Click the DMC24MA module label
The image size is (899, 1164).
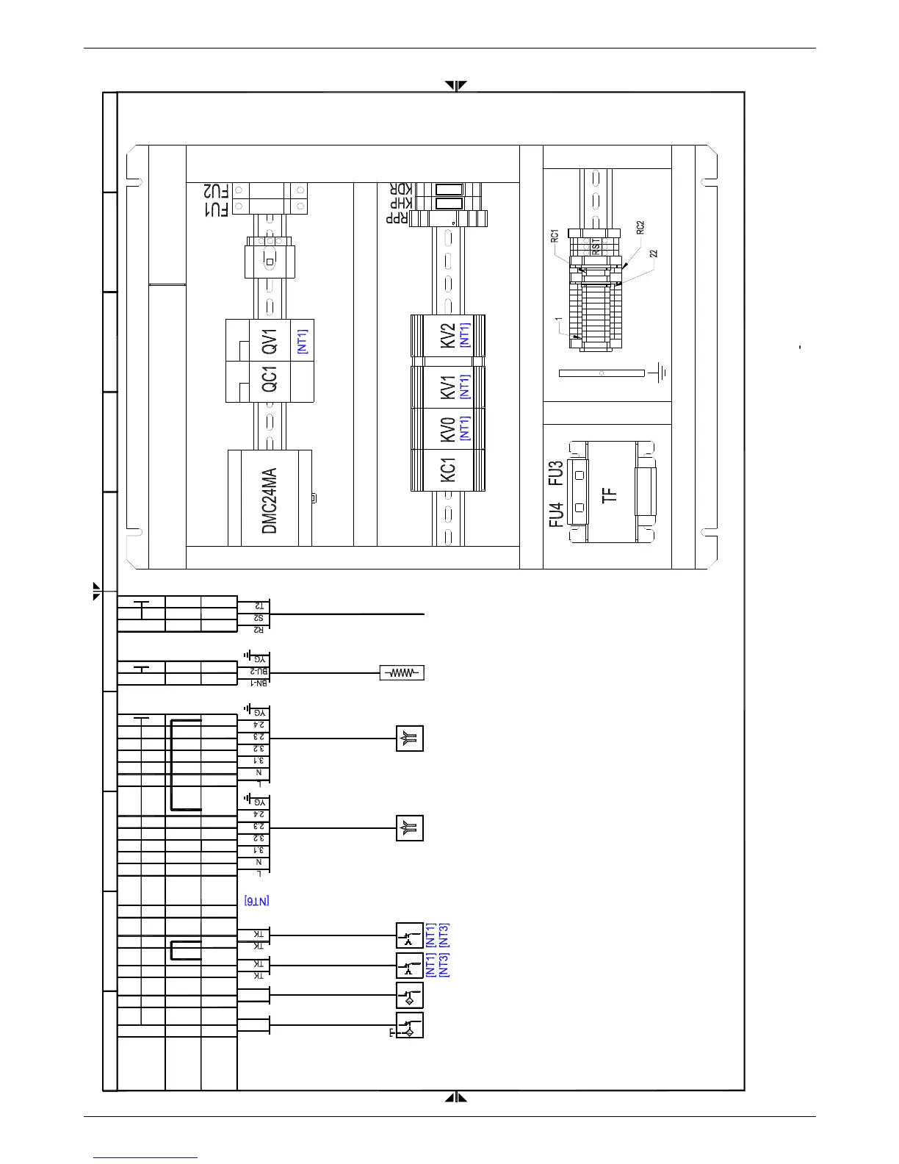click(270, 500)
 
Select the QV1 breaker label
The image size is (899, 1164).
click(270, 341)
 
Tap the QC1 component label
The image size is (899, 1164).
click(270, 381)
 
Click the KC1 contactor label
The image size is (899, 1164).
click(447, 470)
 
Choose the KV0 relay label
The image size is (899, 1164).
click(447, 428)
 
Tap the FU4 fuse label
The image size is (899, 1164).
click(555, 514)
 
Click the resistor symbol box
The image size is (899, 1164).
click(402, 672)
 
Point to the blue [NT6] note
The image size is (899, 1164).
click(257, 900)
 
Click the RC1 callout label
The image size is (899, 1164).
click(555, 237)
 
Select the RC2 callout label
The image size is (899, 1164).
click(640, 227)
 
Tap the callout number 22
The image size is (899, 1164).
click(654, 254)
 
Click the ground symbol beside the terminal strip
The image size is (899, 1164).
click(660, 373)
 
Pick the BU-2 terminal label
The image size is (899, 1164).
click(257, 672)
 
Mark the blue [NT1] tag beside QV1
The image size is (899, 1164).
click(302, 341)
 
